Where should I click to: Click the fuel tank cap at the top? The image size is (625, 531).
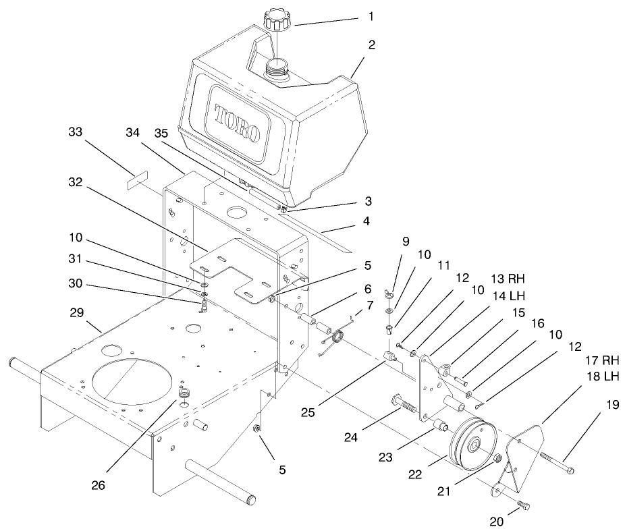[x=277, y=20]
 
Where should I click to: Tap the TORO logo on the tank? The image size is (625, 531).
[x=237, y=123]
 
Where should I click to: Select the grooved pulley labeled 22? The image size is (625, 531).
[x=470, y=446]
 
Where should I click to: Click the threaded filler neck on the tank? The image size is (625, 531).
[x=278, y=67]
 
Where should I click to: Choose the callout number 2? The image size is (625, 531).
[x=372, y=46]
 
